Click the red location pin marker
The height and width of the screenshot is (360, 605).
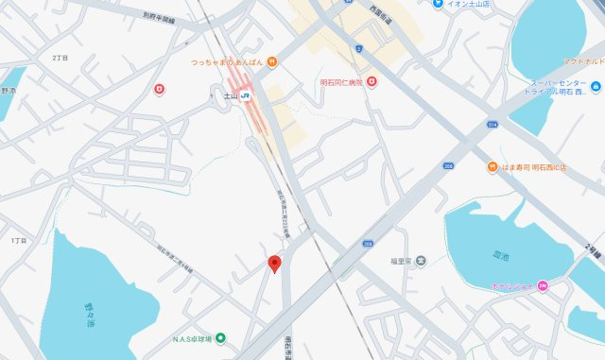click(275, 264)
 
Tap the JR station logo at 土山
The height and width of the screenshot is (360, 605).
click(246, 96)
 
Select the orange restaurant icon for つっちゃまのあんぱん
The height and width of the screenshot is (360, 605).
click(272, 62)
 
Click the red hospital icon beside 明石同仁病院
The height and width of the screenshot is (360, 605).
click(372, 83)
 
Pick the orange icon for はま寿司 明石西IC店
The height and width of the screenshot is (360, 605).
click(492, 167)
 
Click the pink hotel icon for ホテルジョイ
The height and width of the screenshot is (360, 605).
click(543, 286)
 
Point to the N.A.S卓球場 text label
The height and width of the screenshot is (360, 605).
click(192, 339)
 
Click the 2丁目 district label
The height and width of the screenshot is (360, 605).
click(61, 58)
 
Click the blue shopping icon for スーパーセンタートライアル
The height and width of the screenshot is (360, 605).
click(596, 90)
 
